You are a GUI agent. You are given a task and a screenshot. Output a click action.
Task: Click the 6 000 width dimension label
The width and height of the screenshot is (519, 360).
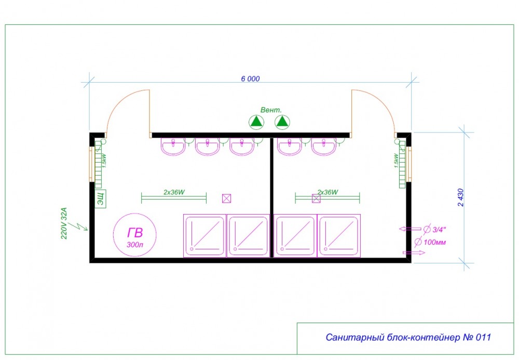point(250,79)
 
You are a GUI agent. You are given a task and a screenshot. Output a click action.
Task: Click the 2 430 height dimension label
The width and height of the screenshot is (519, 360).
point(461,197)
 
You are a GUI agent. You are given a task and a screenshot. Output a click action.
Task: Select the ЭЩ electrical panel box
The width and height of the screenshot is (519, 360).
point(101,199)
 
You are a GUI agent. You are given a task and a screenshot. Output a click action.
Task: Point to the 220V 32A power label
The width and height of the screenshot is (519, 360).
point(64,223)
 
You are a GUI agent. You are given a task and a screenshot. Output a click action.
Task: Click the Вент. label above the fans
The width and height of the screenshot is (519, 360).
point(271,110)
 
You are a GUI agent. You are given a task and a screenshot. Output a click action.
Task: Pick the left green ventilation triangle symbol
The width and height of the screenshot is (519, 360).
point(256,122)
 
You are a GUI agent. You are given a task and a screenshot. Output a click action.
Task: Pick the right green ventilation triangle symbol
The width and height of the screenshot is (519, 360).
point(282,122)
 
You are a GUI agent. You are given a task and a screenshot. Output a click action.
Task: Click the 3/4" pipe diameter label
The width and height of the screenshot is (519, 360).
point(440,230)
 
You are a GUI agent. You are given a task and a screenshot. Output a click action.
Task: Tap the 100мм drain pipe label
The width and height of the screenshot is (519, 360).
point(434,242)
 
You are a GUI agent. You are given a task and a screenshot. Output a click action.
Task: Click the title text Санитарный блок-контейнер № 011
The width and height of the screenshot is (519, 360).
point(408,337)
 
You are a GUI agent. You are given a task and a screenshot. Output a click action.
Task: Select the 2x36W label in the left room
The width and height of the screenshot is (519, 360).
point(174,192)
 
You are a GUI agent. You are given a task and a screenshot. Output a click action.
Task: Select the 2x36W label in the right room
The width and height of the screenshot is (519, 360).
point(327,192)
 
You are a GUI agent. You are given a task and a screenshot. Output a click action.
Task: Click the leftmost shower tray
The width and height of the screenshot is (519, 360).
point(204,235)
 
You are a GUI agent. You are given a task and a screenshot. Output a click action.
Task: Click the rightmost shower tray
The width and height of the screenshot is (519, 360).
point(339,235)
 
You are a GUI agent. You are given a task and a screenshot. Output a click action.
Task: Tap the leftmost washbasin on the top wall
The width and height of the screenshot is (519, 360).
point(173,146)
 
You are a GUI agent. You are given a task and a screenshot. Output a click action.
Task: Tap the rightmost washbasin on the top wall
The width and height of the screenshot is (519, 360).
point(324,146)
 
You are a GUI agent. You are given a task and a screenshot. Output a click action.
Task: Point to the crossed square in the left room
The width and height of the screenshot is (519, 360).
point(226,198)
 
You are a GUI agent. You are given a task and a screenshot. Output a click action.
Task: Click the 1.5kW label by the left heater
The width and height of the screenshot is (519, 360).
point(104,161)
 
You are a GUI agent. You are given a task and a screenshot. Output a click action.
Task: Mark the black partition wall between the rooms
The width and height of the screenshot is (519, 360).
point(271,197)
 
